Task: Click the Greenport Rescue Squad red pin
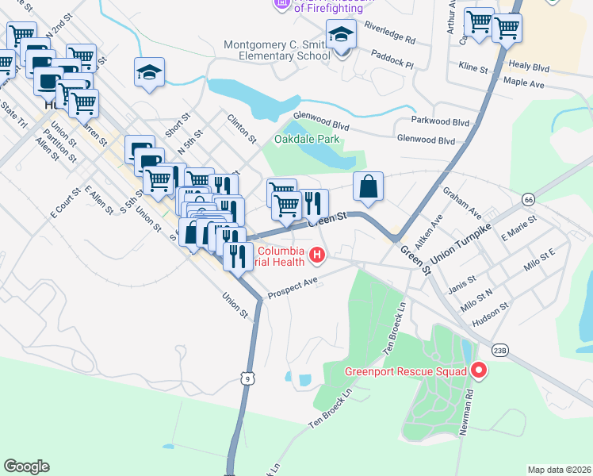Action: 478,370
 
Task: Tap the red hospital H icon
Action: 317,255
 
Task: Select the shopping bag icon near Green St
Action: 368,187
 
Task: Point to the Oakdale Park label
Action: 306,139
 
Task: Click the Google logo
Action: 26,466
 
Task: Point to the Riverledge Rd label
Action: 389,33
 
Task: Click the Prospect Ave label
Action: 293,288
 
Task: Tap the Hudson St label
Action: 491,313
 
